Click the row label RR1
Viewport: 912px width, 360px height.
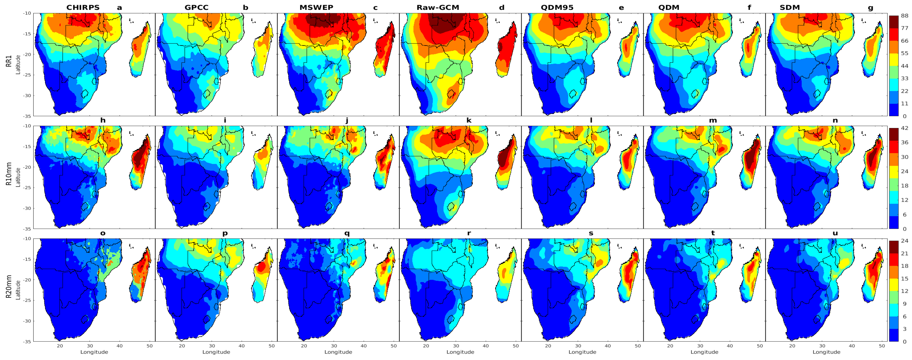tap(9, 61)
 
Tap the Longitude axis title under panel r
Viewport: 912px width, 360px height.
tap(460, 352)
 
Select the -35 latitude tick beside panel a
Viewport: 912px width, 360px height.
tap(27, 116)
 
